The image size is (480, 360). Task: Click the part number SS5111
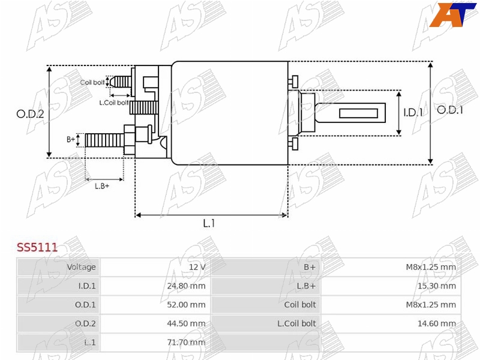pos(37,247)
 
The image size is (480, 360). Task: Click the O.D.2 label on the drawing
pos(30,114)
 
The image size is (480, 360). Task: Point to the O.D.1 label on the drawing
pos(450,110)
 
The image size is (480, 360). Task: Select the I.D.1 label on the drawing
pos(413,113)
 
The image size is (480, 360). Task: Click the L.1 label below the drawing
pos(209,223)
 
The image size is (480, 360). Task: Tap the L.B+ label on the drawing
pos(102,186)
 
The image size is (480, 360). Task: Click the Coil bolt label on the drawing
pos(92,82)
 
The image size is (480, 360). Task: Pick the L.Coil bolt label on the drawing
pos(114,103)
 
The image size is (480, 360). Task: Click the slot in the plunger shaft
pos(358,113)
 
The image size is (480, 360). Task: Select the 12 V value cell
pos(197,267)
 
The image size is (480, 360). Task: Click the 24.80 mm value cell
pos(186,286)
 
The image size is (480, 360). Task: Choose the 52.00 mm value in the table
pos(186,305)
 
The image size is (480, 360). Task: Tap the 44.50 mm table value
pos(186,323)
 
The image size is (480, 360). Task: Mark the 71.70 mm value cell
pos(186,342)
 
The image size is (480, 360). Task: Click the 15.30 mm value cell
pos(437,286)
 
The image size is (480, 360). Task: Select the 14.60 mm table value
pos(437,323)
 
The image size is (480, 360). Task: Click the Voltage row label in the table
pos(82,267)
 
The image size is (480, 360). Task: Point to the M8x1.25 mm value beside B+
pos(431,267)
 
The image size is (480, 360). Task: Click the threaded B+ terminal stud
pos(104,140)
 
